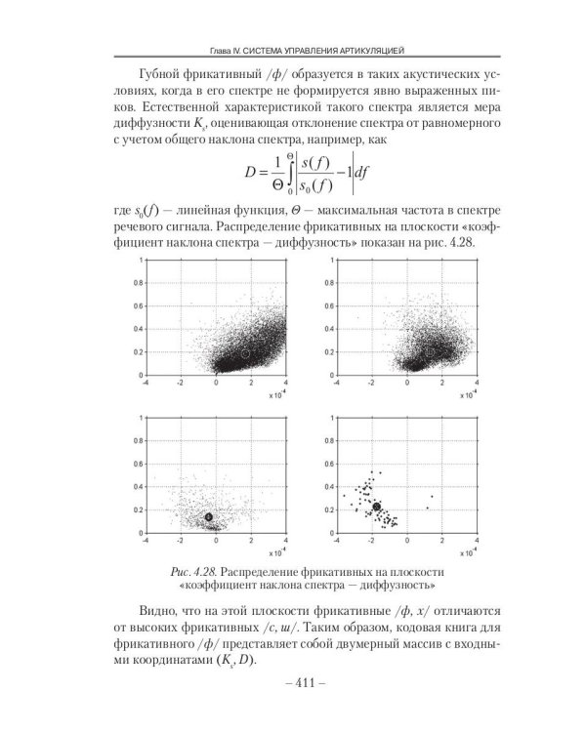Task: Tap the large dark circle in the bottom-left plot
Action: coord(208,516)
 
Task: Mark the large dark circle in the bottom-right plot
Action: coord(377,507)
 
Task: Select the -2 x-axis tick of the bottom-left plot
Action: coord(181,540)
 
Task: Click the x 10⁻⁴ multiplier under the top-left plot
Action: coord(278,396)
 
